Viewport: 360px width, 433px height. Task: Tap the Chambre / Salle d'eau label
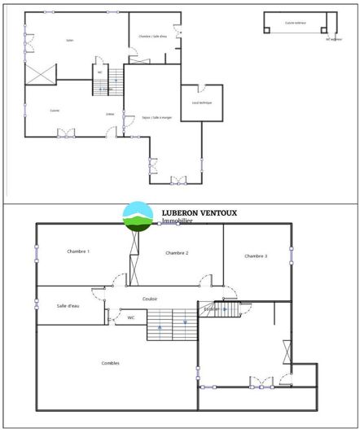(x=152, y=37)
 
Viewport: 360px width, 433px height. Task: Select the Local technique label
(x=201, y=103)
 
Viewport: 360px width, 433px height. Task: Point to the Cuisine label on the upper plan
(x=54, y=111)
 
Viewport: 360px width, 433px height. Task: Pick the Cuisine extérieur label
(x=295, y=23)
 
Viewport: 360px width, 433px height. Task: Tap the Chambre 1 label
(x=78, y=251)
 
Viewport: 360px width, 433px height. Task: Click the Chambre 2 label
(x=177, y=253)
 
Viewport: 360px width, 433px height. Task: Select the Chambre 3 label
(x=256, y=256)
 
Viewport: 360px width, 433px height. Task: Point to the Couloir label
(x=150, y=299)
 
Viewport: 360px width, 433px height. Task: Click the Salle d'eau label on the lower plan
(x=68, y=305)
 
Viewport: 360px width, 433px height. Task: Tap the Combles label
(x=111, y=363)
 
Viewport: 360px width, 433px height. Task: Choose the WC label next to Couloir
(x=130, y=317)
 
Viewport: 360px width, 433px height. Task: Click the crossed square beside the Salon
(x=40, y=75)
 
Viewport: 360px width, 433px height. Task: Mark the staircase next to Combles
(x=172, y=324)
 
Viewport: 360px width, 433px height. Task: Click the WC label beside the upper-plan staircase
(x=100, y=72)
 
